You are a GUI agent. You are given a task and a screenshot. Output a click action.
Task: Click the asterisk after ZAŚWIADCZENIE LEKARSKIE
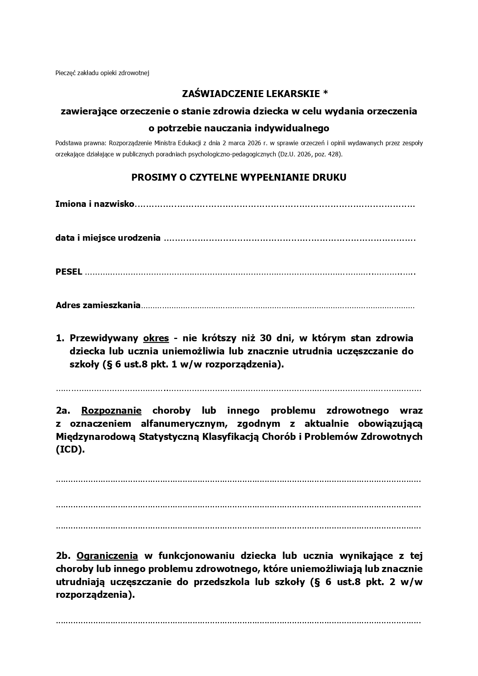[325, 93]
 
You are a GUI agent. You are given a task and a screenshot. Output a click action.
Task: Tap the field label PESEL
[69, 272]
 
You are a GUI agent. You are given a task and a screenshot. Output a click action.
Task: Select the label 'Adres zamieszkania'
[98, 305]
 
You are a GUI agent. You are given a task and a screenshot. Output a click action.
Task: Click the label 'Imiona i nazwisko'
[95, 204]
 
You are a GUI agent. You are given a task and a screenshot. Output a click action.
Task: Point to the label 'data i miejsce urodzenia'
[108, 238]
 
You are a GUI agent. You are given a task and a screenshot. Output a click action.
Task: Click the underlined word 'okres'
[156, 338]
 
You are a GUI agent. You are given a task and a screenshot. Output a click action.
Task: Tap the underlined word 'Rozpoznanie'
[111, 411]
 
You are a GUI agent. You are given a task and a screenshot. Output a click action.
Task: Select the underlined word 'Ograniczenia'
[107, 556]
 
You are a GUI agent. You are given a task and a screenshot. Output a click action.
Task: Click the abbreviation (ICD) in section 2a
[70, 450]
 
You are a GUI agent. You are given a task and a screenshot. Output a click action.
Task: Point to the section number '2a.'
[63, 411]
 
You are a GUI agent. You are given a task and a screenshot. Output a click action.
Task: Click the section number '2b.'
[63, 556]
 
